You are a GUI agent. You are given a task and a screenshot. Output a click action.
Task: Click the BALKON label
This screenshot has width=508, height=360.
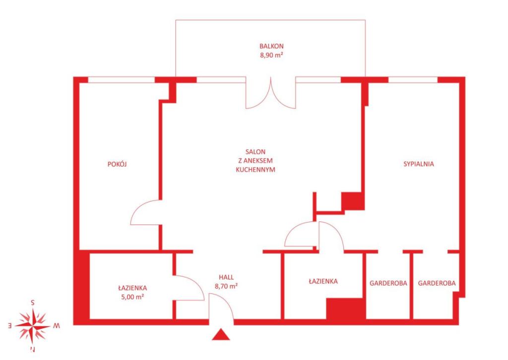click(x=271, y=46)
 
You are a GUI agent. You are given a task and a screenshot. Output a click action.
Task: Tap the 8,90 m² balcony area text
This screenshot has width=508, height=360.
click(x=271, y=55)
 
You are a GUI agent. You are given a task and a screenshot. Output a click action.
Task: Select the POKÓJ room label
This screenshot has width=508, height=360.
click(x=117, y=164)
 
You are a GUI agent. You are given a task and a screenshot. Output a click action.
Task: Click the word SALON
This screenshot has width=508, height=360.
click(x=255, y=151)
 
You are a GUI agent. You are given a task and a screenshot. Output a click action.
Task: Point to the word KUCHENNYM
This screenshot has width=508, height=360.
click(x=255, y=169)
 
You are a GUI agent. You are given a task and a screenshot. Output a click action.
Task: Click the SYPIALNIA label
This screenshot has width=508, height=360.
click(x=419, y=164)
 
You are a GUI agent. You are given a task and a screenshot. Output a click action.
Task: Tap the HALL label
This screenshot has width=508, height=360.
click(x=226, y=277)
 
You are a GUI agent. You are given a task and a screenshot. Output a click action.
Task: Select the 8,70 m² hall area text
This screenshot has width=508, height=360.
click(x=226, y=286)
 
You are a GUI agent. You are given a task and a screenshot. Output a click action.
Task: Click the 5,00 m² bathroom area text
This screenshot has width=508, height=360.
click(x=132, y=296)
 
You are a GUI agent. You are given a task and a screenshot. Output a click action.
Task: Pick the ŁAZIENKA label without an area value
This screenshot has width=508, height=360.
click(x=323, y=281)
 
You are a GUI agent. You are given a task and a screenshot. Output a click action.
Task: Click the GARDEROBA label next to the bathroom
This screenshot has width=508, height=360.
click(x=388, y=283)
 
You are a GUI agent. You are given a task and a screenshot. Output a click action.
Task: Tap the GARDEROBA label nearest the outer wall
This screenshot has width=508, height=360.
click(x=437, y=283)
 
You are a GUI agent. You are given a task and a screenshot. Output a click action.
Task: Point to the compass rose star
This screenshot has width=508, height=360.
click(x=33, y=326)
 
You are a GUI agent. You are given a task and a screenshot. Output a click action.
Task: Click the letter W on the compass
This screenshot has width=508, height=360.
click(x=56, y=326)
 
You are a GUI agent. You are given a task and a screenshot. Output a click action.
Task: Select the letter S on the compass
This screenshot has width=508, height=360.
click(x=32, y=303)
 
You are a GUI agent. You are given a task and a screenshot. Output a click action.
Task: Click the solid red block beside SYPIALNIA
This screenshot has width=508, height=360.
click(x=353, y=201)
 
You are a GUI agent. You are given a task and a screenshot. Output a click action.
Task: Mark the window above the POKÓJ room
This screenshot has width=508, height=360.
click(x=122, y=80)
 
